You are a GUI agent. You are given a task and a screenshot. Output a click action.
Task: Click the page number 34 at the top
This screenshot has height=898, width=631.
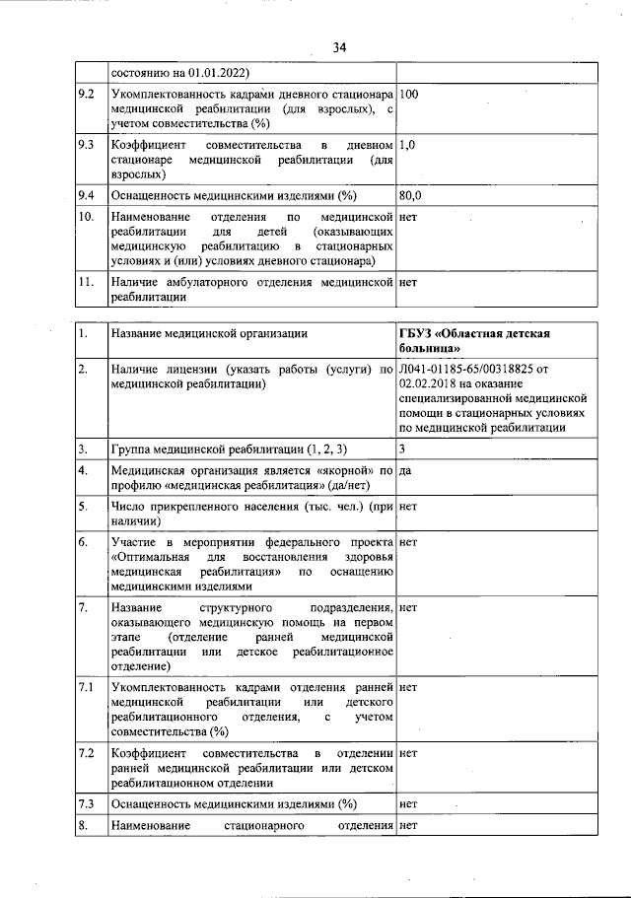pyautogui.click(x=339, y=47)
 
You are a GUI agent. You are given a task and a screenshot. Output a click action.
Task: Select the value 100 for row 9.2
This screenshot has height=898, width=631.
pyautogui.click(x=410, y=95)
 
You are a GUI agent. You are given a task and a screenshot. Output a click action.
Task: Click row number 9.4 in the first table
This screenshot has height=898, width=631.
pyautogui.click(x=86, y=195)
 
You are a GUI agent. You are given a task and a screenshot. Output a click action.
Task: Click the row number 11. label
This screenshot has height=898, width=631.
pyautogui.click(x=86, y=282)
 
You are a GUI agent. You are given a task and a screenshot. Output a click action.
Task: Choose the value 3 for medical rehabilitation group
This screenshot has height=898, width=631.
pyautogui.click(x=403, y=449)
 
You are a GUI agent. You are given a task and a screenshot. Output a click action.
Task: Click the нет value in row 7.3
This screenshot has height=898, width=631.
pyautogui.click(x=409, y=804)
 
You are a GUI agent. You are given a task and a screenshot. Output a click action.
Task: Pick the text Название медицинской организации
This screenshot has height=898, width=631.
pyautogui.click(x=208, y=334)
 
